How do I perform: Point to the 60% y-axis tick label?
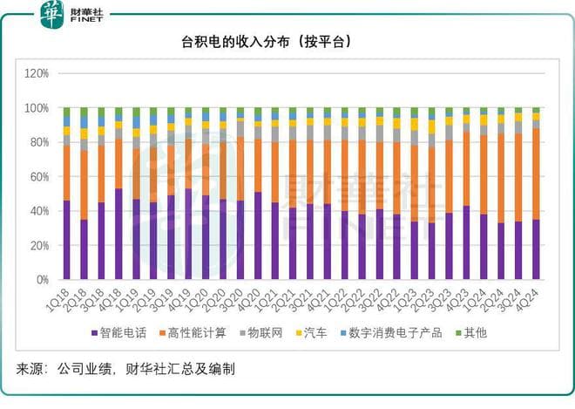pos(37,177)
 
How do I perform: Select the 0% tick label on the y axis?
pos(41,280)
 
